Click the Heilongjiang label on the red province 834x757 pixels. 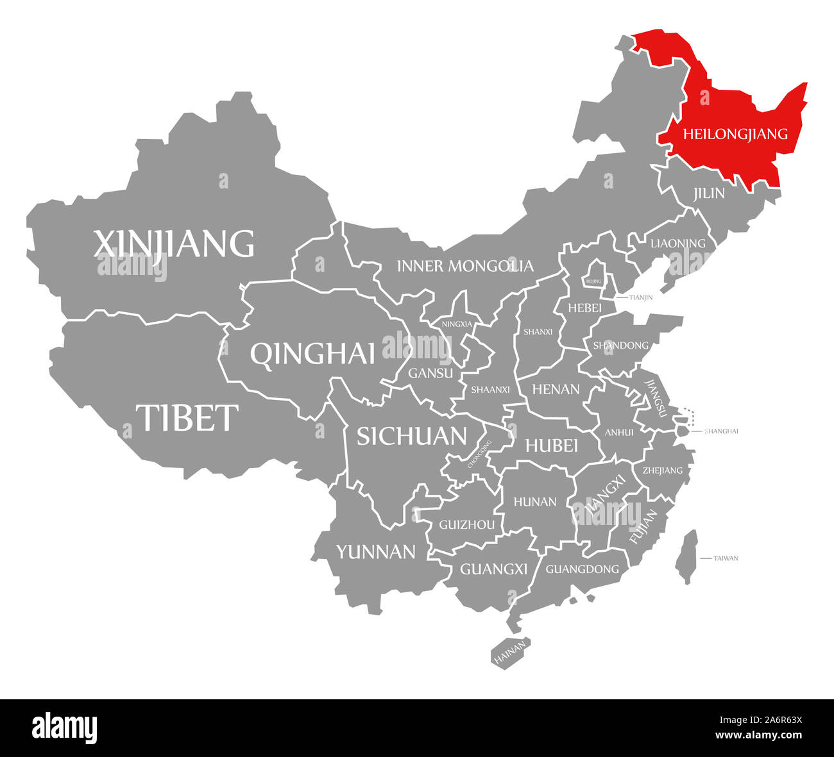click(x=735, y=134)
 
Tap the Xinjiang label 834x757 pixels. click(x=174, y=244)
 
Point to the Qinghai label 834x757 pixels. click(x=312, y=353)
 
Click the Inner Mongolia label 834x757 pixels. click(x=465, y=265)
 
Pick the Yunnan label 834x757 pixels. click(x=376, y=551)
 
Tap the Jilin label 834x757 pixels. click(x=709, y=193)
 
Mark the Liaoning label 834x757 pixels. click(x=677, y=244)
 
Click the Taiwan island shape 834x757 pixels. click(x=687, y=556)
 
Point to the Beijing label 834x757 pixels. click(x=594, y=281)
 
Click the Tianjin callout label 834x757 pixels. click(x=641, y=297)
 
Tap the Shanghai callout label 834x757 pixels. click(x=721, y=431)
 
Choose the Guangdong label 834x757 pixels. click(x=582, y=569)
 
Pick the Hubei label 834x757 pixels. click(x=552, y=445)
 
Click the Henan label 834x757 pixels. click(x=556, y=388)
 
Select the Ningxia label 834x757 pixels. click(x=457, y=324)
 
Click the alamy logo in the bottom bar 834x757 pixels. click(x=65, y=728)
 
